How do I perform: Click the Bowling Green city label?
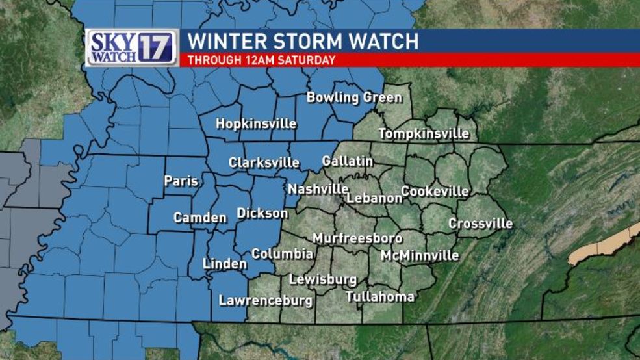point(353,98)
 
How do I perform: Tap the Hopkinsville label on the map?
point(256,123)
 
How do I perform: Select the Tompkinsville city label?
point(424,134)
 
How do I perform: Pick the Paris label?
point(181,181)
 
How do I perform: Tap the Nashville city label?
point(318,189)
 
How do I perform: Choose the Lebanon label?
point(374,198)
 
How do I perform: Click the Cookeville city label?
point(435,192)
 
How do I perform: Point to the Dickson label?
point(262,213)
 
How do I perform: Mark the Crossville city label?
point(480,224)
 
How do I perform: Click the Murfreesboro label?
point(357,238)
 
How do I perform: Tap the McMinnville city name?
point(420,255)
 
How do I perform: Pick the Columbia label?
point(283,254)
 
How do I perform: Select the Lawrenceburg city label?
point(265,301)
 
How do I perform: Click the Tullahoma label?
point(380,297)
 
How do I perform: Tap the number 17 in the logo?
point(156,47)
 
